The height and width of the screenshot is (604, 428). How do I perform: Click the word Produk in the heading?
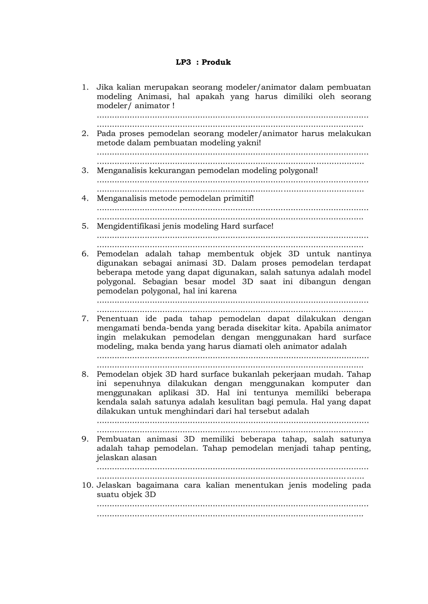[x=216, y=62]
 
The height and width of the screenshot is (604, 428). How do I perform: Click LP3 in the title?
[x=183, y=62]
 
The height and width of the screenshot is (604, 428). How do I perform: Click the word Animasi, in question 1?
[x=154, y=96]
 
